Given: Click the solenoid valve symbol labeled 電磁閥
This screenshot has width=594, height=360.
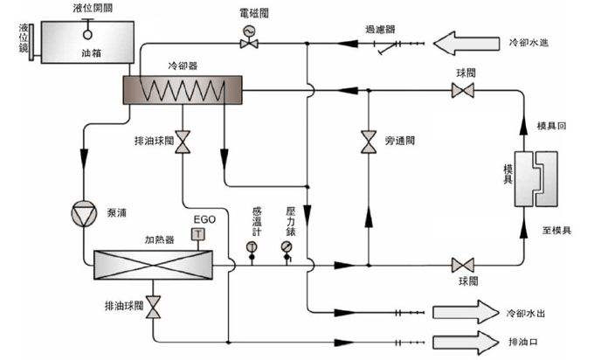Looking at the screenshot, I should (x=247, y=32).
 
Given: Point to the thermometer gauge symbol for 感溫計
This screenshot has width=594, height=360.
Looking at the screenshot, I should (x=252, y=246).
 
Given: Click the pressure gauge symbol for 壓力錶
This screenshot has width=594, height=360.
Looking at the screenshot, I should (x=287, y=246).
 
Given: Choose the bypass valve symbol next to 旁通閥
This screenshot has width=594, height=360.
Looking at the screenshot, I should (x=368, y=142).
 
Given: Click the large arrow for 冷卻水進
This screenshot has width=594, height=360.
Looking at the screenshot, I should (x=467, y=41).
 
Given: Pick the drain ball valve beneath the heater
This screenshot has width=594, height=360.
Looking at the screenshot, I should (x=154, y=307).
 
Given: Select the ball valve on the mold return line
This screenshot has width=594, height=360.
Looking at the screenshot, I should (x=462, y=90).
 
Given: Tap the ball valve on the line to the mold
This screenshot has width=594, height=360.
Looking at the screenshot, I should (x=462, y=264).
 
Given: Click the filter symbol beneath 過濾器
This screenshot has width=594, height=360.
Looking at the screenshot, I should (x=379, y=43).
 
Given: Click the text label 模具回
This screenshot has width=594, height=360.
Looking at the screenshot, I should (x=552, y=126).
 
